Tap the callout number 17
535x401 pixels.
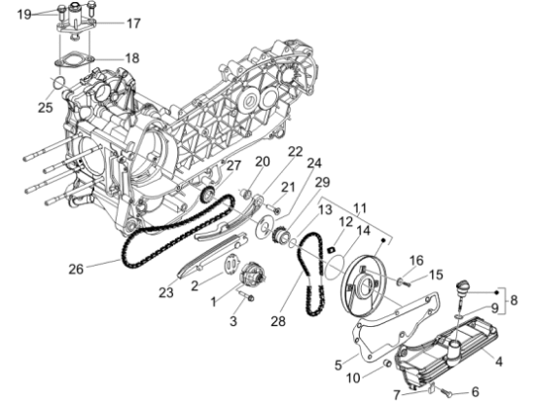(133, 22)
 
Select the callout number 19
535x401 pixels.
(25, 14)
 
